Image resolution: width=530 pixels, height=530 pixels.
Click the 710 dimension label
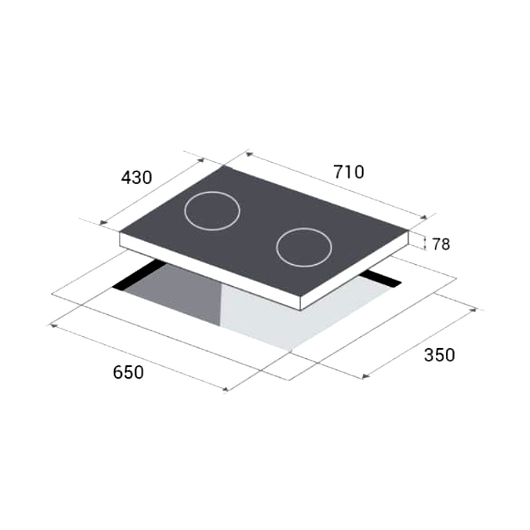(x=349, y=172)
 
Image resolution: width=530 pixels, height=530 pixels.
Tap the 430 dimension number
(x=136, y=178)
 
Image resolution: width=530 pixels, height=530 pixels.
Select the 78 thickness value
(x=441, y=244)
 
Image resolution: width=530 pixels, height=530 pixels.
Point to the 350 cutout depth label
(x=439, y=355)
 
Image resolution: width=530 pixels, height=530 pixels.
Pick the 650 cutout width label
(x=128, y=372)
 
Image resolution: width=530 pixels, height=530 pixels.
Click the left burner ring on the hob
(x=212, y=211)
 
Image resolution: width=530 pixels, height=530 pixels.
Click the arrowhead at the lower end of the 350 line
(x=365, y=377)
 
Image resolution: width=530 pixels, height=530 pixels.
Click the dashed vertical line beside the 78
(x=425, y=243)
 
